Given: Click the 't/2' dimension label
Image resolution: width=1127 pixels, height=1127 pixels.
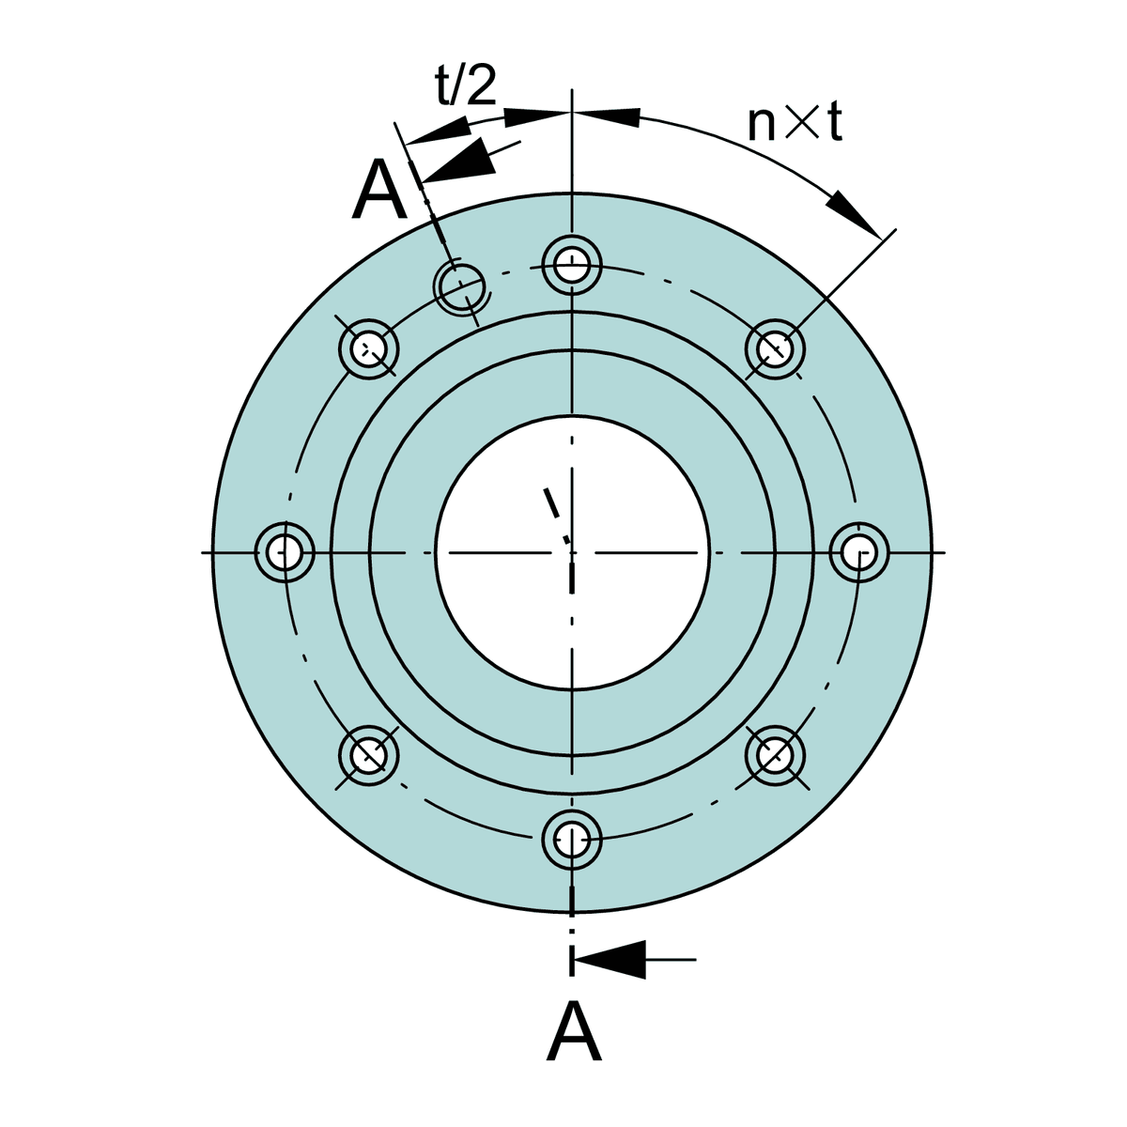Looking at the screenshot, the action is [466, 85].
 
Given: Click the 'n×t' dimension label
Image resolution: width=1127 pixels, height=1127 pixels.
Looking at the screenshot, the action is [795, 123].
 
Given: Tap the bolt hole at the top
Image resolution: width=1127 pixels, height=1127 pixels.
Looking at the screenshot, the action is [572, 266].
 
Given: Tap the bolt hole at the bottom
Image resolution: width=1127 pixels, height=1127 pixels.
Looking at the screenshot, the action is [572, 841].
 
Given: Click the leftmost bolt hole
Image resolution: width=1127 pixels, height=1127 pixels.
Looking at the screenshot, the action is [285, 552].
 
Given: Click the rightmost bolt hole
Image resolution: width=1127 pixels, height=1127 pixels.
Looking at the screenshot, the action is [859, 552].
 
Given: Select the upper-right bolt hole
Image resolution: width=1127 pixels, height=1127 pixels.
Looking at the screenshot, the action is [775, 349].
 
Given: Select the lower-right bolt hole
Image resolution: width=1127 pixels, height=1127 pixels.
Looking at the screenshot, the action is [775, 755].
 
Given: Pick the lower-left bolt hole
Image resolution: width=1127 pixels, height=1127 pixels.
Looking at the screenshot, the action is [368, 755].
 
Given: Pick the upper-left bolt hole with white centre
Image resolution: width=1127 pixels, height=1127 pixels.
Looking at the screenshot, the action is [368, 349].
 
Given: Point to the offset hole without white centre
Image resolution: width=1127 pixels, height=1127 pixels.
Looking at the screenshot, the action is [461, 287].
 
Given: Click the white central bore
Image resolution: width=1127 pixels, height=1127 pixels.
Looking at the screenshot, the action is [572, 552].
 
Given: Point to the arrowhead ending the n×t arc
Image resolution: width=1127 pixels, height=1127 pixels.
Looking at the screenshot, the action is [853, 214].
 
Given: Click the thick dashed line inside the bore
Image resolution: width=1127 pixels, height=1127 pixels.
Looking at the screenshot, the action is [557, 516].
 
